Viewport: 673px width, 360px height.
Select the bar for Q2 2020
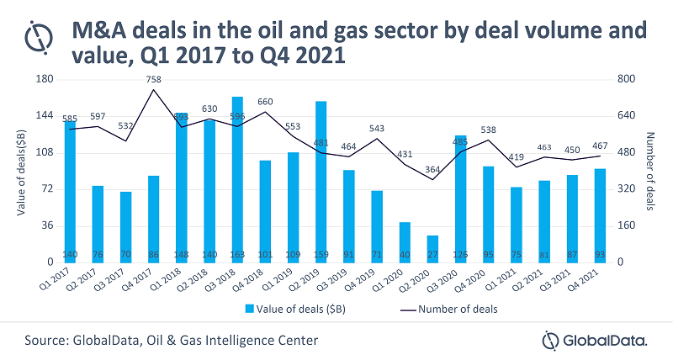tap(432, 248)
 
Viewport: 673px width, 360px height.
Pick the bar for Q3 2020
tap(460, 198)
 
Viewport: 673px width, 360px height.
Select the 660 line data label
tap(265, 102)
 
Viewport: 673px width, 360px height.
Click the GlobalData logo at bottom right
tap(595, 340)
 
